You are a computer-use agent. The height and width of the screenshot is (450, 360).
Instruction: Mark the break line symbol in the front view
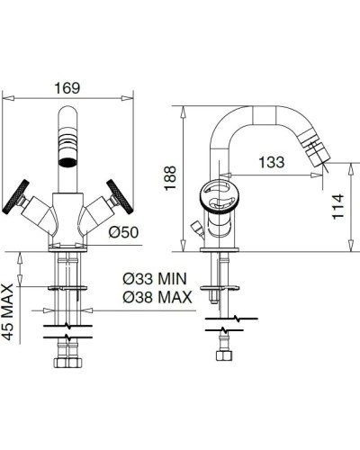(x=70, y=325)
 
